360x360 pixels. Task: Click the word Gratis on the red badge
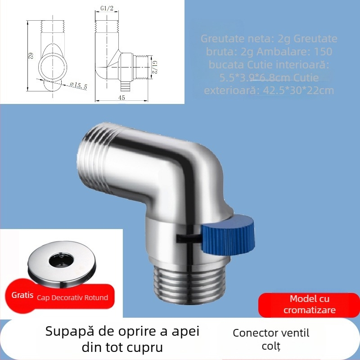tap(23, 296)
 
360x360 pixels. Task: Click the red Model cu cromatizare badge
tap(309, 305)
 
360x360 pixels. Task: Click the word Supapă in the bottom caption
tap(66, 332)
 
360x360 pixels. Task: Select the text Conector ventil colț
tap(271, 339)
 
